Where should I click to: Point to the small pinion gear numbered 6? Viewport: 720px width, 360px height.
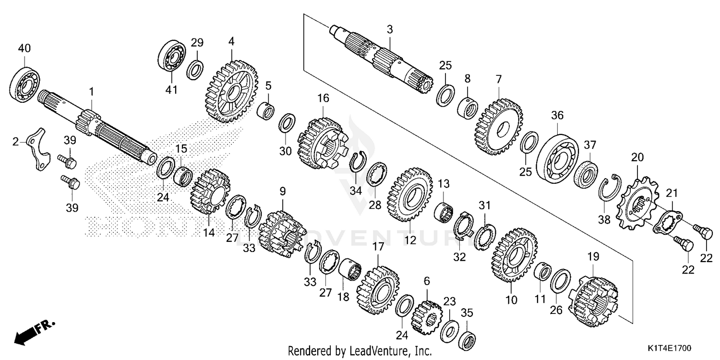[x=426, y=317]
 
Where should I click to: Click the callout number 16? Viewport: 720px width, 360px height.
[x=323, y=99]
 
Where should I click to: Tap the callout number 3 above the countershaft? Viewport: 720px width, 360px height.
[x=390, y=30]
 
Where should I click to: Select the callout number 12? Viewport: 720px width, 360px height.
[x=409, y=240]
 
